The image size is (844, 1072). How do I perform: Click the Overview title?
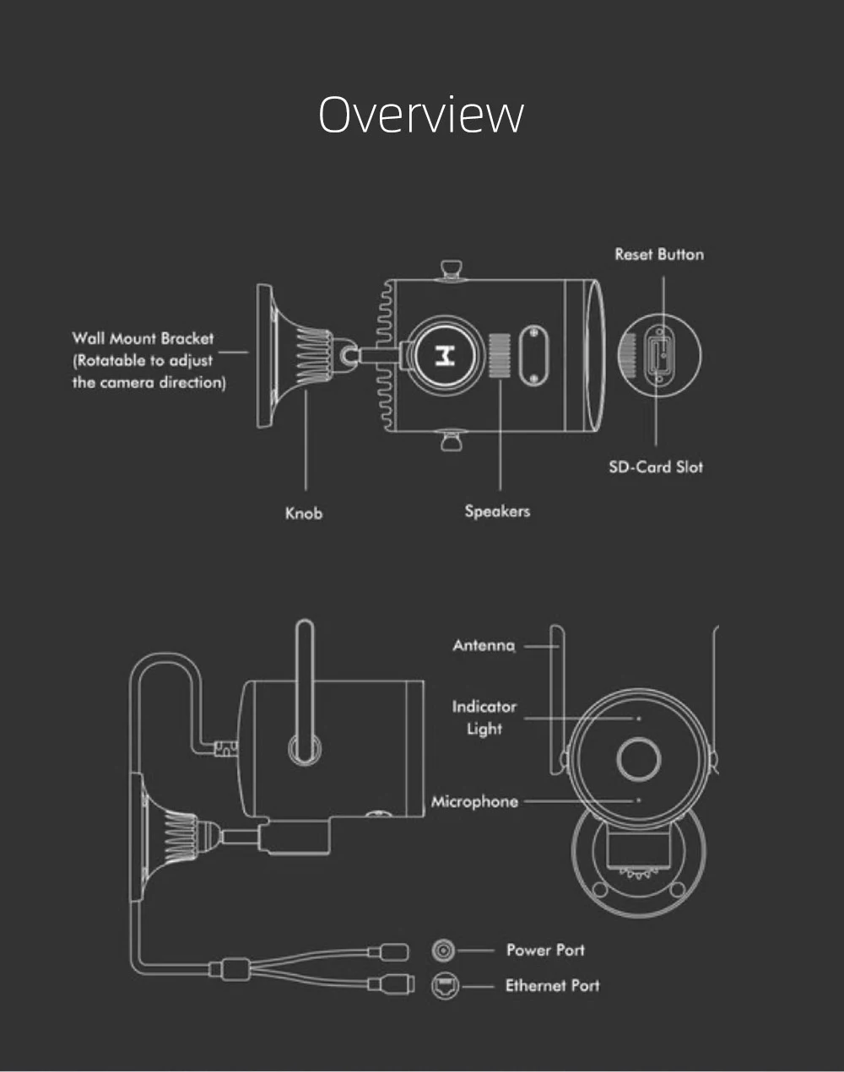pos(421,114)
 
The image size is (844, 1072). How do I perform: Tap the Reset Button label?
pos(658,254)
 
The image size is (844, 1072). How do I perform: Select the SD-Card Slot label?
pos(656,466)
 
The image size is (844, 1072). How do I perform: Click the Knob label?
pos(304,513)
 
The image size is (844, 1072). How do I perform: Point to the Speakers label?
pos(497,511)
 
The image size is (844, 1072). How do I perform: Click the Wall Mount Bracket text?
pos(143,338)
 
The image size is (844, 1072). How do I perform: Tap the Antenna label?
pos(483,645)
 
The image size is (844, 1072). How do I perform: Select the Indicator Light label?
pos(484,717)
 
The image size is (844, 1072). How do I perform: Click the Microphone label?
pos(474,801)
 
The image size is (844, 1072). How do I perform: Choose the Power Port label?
pos(545,950)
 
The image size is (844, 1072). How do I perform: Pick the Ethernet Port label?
pos(552,985)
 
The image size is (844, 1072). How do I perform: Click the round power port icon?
pos(443,951)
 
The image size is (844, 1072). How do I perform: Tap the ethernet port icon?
pos(444,985)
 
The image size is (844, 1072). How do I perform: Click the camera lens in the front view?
pos(638,757)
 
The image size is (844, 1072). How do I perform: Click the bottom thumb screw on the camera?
pos(451,439)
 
